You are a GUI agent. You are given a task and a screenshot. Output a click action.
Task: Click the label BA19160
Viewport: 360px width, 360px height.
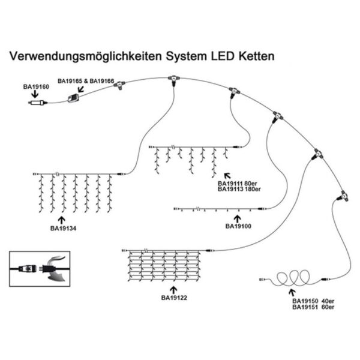pyautogui.click(x=35, y=86)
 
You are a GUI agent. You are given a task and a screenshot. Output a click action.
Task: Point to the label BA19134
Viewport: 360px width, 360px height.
pyautogui.click(x=63, y=228)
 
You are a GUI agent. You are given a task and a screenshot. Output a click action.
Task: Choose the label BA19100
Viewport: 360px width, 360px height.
pyautogui.click(x=238, y=226)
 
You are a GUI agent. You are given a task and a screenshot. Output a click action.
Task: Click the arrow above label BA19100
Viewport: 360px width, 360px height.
pyautogui.click(x=238, y=217)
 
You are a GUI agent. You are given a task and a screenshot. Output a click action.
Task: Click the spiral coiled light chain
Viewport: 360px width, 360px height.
pyautogui.click(x=292, y=278)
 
